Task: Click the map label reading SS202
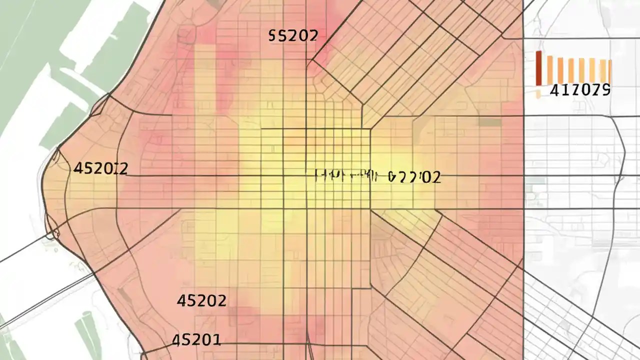pyautogui.click(x=293, y=35)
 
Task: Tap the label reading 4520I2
pyautogui.click(x=100, y=168)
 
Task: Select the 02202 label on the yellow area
pyautogui.click(x=414, y=177)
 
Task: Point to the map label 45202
pyautogui.click(x=201, y=300)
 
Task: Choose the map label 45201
pyautogui.click(x=196, y=340)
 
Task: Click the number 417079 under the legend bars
pyautogui.click(x=579, y=90)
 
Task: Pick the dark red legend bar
pyautogui.click(x=539, y=68)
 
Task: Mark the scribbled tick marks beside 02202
pyautogui.click(x=345, y=175)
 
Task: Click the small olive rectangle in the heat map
pyautogui.click(x=490, y=122)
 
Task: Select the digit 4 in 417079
pyautogui.click(x=554, y=90)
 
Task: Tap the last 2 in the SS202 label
pyautogui.click(x=313, y=35)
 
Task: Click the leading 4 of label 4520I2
pyautogui.click(x=78, y=168)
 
